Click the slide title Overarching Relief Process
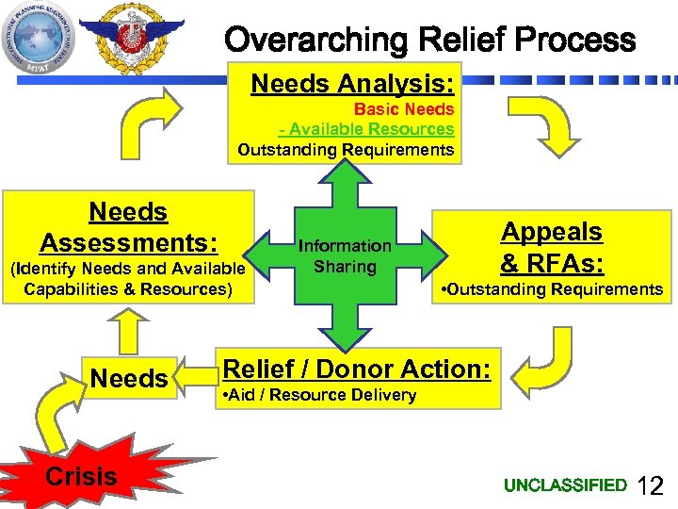click(x=430, y=40)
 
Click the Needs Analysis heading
click(x=353, y=84)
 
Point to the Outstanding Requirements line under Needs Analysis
click(x=346, y=150)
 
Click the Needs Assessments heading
click(x=128, y=227)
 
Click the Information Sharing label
click(x=345, y=256)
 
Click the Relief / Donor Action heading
click(x=356, y=369)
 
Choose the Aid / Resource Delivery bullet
click(x=316, y=395)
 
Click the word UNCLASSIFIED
click(x=565, y=485)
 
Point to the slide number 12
click(x=651, y=486)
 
